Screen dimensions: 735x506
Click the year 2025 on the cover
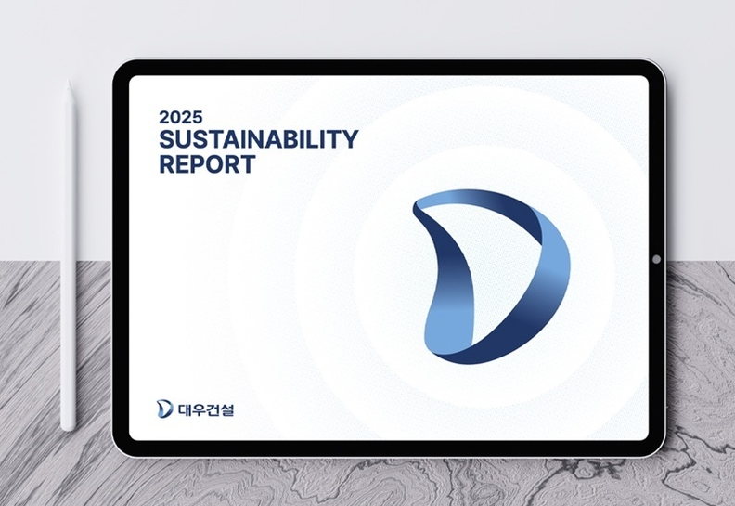181,117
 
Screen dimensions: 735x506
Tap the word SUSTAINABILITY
259,139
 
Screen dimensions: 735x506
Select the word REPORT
207,164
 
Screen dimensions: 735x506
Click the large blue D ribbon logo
491,277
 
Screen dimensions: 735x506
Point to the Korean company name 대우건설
206,409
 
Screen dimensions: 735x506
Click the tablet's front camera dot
656,259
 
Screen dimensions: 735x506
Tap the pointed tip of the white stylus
69,81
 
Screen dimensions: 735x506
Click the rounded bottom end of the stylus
69,428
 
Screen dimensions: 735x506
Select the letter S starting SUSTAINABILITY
167,139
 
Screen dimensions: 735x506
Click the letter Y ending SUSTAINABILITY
350,139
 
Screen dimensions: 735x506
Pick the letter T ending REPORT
247,164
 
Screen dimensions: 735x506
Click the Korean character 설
226,409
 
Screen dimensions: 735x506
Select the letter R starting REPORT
167,164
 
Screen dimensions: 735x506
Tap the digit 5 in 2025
198,117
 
